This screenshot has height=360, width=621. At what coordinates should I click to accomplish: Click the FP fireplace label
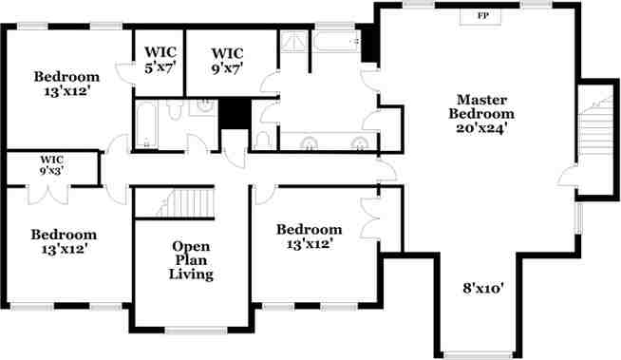[x=482, y=16]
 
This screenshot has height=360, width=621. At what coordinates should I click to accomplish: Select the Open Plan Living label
[x=191, y=260]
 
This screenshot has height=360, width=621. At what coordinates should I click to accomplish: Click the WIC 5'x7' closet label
[x=158, y=61]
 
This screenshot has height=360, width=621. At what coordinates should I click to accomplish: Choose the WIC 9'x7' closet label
[x=228, y=61]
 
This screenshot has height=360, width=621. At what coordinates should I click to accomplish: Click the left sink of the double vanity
[x=310, y=145]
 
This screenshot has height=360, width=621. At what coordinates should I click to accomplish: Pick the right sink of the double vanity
[x=359, y=145]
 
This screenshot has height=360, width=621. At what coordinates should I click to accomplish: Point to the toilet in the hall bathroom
[x=174, y=114]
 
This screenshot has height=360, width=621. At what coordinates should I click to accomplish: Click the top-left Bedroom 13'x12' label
[x=66, y=83]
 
